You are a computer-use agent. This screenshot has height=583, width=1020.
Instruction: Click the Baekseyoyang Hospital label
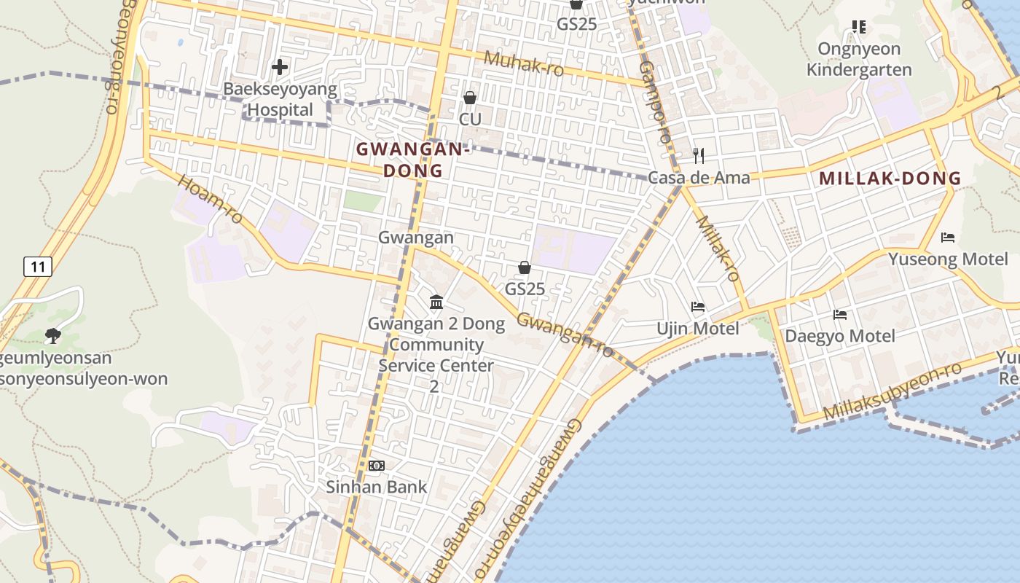pyautogui.click(x=280, y=100)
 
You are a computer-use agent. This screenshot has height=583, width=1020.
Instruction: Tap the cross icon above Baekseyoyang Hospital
pyautogui.click(x=279, y=68)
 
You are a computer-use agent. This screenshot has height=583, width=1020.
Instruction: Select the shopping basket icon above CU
pyautogui.click(x=470, y=98)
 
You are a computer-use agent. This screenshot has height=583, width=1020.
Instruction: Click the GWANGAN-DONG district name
pyautogui.click(x=412, y=160)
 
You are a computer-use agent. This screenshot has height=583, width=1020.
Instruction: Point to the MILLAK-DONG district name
pyautogui.click(x=890, y=179)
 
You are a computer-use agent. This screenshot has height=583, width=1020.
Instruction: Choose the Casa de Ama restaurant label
pyautogui.click(x=699, y=178)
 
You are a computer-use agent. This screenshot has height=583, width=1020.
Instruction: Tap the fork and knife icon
pyautogui.click(x=699, y=155)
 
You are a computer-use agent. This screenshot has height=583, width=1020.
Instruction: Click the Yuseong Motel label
pyautogui.click(x=948, y=259)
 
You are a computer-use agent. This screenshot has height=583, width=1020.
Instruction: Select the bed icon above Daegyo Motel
pyautogui.click(x=840, y=315)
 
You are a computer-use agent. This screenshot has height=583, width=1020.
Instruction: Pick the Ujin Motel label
pyautogui.click(x=698, y=329)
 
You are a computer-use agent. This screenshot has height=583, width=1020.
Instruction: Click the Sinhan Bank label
pyautogui.click(x=377, y=487)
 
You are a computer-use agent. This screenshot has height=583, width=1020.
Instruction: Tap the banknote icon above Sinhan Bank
pyautogui.click(x=377, y=465)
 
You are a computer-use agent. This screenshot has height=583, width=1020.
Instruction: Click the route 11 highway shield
pyautogui.click(x=37, y=267)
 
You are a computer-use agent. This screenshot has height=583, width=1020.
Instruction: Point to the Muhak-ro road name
pyautogui.click(x=523, y=63)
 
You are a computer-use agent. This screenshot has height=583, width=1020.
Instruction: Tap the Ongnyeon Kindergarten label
pyautogui.click(x=859, y=60)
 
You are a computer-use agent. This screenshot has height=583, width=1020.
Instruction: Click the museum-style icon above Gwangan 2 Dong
pyautogui.click(x=436, y=301)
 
